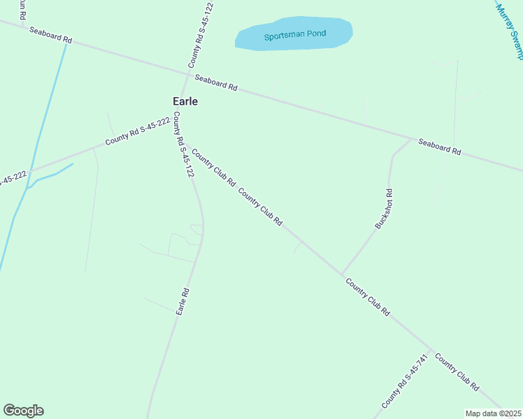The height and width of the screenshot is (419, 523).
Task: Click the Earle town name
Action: tap(185, 101)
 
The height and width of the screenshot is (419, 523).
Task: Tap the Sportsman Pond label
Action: tap(295, 35)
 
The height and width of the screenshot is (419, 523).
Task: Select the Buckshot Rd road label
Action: tap(384, 209)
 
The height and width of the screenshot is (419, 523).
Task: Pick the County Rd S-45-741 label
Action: tap(404, 381)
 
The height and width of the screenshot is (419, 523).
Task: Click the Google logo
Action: tap(24, 411)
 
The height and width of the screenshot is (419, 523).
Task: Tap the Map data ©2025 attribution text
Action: tap(493, 413)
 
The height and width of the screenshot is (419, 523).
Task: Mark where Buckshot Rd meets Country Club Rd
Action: tap(342, 274)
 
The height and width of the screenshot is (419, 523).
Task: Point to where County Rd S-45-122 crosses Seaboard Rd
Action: tap(188, 73)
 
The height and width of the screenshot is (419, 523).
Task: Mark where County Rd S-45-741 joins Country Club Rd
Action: tap(431, 351)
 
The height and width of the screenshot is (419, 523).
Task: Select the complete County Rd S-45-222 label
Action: tap(138, 131)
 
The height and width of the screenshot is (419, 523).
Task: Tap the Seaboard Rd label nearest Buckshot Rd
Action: tap(440, 147)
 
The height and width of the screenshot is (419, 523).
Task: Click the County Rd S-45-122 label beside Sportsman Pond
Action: tap(200, 35)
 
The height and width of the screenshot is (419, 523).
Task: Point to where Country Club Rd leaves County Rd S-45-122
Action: tap(184, 143)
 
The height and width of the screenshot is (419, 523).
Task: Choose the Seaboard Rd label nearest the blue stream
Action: tap(50, 35)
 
